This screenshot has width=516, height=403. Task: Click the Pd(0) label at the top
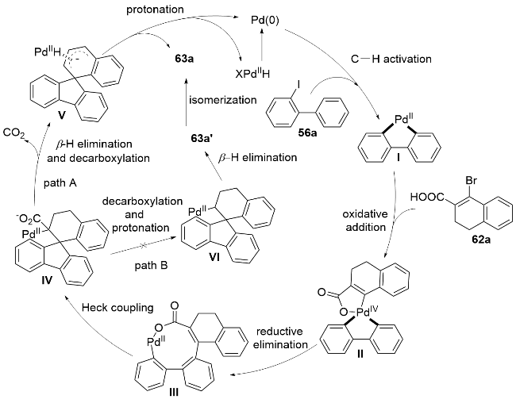[265, 21]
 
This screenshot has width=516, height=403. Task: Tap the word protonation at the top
[155, 10]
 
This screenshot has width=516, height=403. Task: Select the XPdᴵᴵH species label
[252, 73]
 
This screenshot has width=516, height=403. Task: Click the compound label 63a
[183, 59]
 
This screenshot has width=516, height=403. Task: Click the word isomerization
[223, 100]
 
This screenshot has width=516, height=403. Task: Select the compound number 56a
[306, 133]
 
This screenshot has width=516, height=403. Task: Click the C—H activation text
[391, 59]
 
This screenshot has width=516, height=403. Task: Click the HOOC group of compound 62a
[427, 197]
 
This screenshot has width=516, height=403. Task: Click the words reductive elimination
[280, 337]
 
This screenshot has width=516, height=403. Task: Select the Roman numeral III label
[173, 392]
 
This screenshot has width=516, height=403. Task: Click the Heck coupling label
[117, 307]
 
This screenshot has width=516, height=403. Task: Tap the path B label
[151, 266]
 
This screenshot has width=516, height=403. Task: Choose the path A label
[60, 183]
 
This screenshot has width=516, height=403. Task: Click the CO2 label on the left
[13, 133]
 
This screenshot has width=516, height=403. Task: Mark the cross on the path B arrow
[143, 246]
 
